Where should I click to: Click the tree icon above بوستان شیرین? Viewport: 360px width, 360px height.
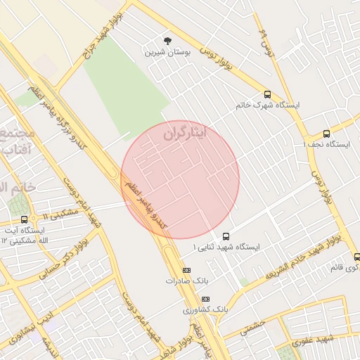[167, 41]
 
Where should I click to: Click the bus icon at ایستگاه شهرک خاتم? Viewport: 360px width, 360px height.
[267, 94]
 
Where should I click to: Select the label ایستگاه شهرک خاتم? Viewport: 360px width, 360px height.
[269, 105]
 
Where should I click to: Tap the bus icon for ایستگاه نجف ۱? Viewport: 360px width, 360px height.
[326, 134]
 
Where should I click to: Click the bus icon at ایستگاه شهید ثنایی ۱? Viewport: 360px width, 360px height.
[226, 236]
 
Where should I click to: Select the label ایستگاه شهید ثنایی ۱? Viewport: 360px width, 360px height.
[226, 247]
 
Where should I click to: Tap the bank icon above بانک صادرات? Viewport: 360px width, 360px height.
[186, 270]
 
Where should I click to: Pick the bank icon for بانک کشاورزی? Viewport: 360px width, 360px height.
[205, 299]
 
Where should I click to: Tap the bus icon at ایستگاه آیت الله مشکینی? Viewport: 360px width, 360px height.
[25, 219]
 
